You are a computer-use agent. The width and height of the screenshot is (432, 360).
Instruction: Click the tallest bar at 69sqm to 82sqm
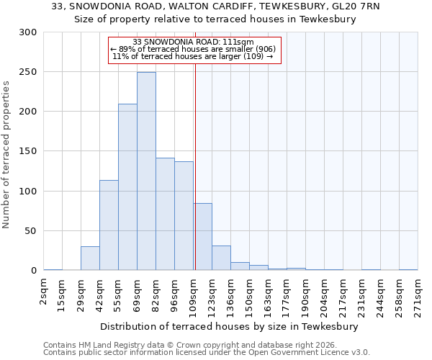(146, 171)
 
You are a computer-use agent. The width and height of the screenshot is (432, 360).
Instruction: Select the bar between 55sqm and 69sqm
(127, 187)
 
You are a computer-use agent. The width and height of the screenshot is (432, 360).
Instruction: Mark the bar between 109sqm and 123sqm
(202, 237)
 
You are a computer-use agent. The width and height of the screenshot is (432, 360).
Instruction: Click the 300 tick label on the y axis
(28, 32)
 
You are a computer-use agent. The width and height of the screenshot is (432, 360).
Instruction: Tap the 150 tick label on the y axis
(28, 152)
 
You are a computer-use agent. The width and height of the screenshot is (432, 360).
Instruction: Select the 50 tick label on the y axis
(31, 231)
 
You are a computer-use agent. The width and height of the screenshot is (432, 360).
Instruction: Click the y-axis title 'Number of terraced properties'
(6, 155)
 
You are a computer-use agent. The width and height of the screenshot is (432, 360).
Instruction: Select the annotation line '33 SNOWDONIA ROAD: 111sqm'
(194, 42)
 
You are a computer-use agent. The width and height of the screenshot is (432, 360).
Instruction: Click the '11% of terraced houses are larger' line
(193, 56)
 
